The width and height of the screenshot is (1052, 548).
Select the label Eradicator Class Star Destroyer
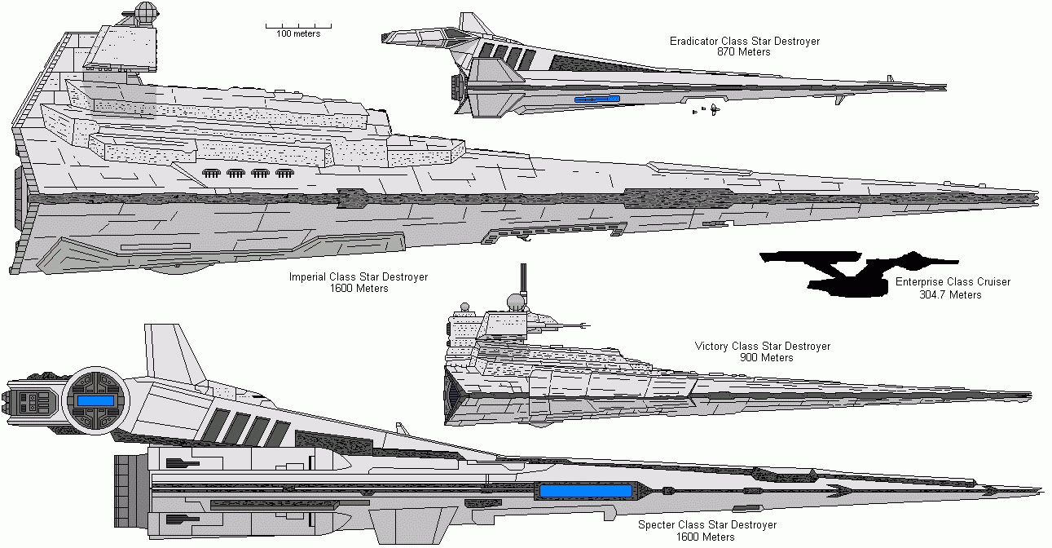pyautogui.click(x=744, y=41)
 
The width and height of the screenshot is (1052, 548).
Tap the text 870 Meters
pyautogui.click(x=743, y=52)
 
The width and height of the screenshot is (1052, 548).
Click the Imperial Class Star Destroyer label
pyautogui.click(x=359, y=277)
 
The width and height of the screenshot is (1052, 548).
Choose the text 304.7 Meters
pyautogui.click(x=950, y=294)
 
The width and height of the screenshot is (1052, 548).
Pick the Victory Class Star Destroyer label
pyautogui.click(x=763, y=347)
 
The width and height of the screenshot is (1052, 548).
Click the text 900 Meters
pyautogui.click(x=766, y=358)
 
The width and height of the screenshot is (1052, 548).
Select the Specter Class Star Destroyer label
pyautogui.click(x=706, y=525)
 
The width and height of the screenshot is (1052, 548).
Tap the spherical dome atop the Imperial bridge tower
pyautogui.click(x=144, y=13)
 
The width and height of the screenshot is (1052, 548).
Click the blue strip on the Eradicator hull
pyautogui.click(x=596, y=99)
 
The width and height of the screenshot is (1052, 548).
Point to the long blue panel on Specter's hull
pyautogui.click(x=585, y=491)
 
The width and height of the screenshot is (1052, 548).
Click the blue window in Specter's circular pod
pyautogui.click(x=96, y=401)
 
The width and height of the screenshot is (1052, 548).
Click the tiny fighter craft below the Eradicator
pyautogui.click(x=714, y=108)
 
